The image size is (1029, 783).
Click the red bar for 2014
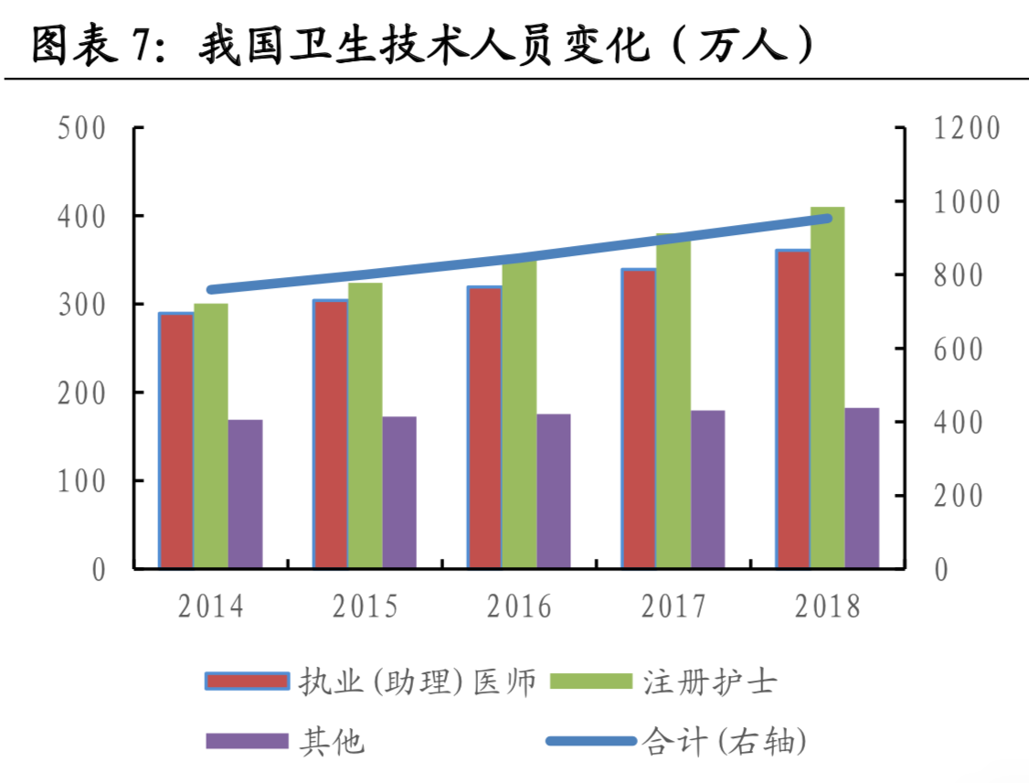coord(176,440)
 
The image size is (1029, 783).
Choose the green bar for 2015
coord(365,425)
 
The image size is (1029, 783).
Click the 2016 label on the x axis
coord(519,606)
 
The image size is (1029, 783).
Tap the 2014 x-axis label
coord(211,606)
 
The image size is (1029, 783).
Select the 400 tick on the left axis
coord(81,216)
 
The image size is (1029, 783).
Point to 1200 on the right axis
coord(967,128)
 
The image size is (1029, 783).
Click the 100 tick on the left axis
coord(81,481)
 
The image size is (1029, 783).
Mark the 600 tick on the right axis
coord(959,349)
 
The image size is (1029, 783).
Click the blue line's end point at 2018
coord(827,218)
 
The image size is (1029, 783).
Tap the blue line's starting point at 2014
coord(211,290)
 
